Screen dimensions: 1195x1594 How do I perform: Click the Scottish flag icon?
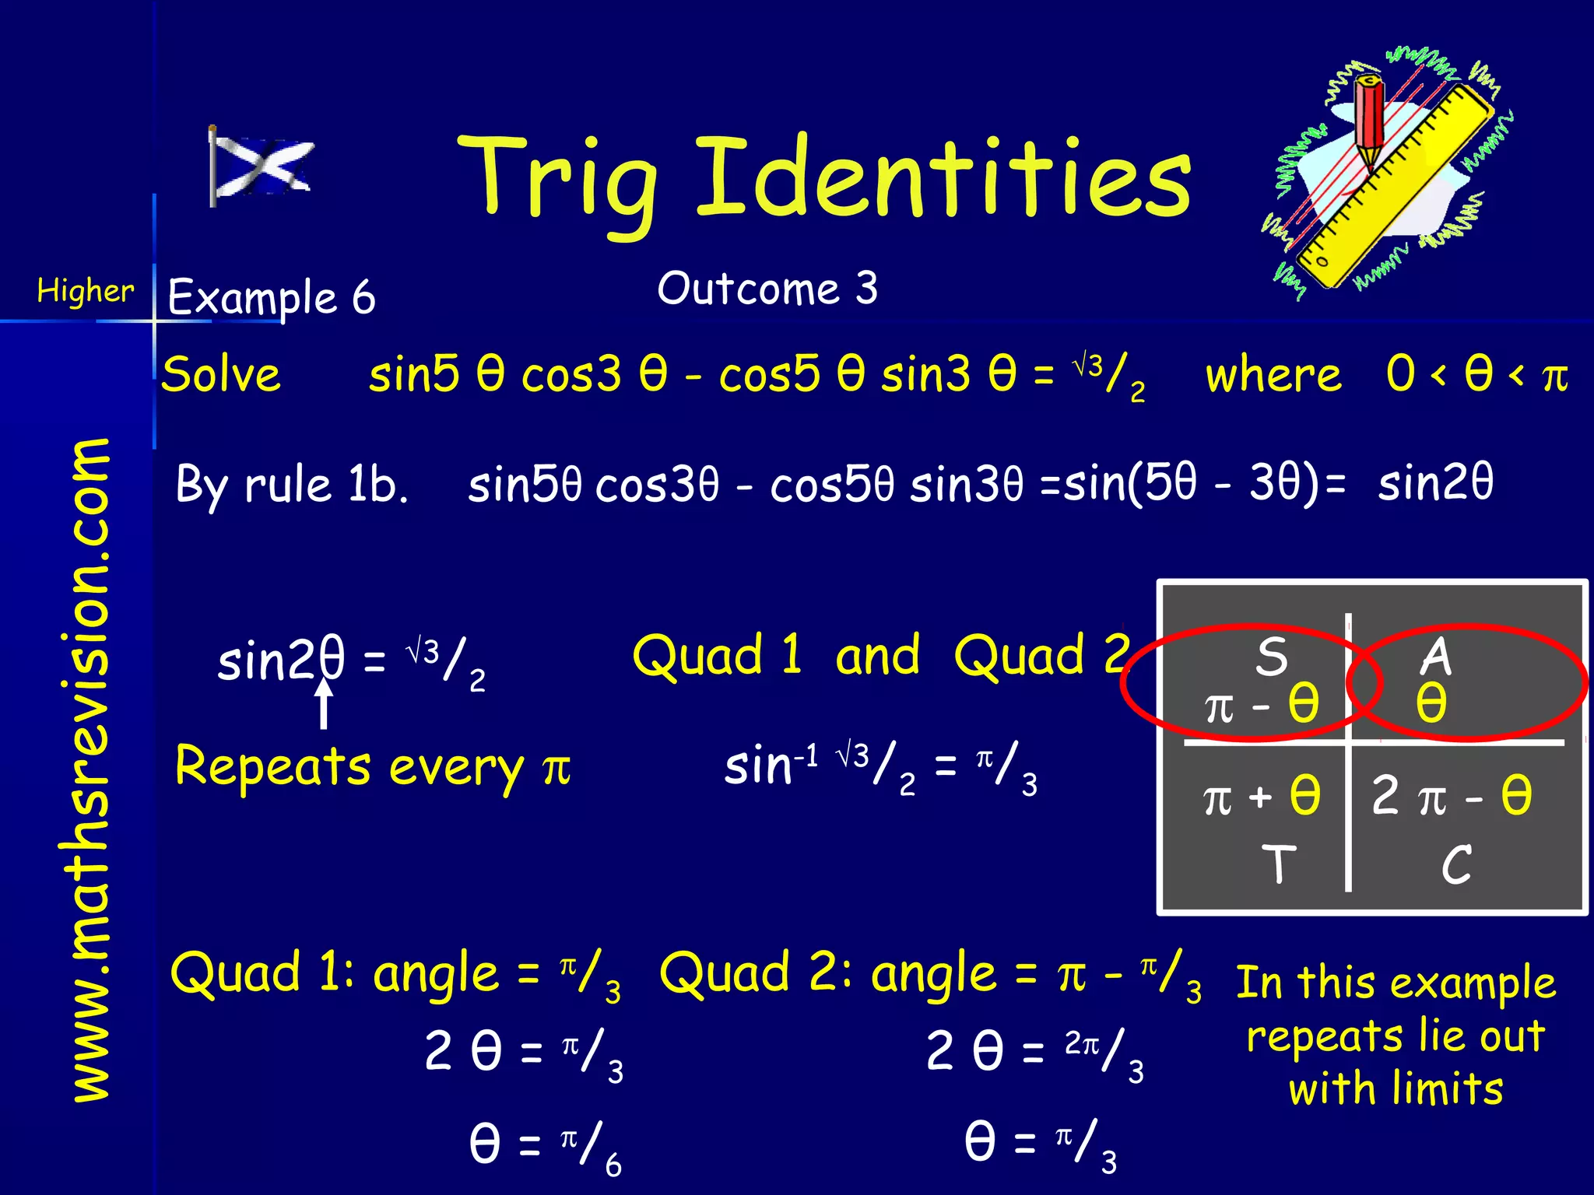tap(261, 166)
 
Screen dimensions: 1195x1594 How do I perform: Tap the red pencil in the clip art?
tap(1369, 117)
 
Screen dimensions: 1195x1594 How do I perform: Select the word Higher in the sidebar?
tap(85, 292)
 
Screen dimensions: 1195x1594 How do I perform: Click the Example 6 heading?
tap(271, 297)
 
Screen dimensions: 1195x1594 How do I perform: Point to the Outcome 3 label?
tap(767, 289)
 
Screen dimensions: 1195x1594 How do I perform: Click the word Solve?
tap(221, 375)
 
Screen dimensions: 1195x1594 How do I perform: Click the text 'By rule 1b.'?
tap(292, 485)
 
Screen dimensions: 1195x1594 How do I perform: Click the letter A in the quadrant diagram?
tap(1436, 656)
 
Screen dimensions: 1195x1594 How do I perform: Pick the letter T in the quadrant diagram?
tap(1278, 864)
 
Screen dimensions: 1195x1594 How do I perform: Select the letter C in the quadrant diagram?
tap(1455, 864)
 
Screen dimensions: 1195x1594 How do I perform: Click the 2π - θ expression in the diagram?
tap(1452, 796)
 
